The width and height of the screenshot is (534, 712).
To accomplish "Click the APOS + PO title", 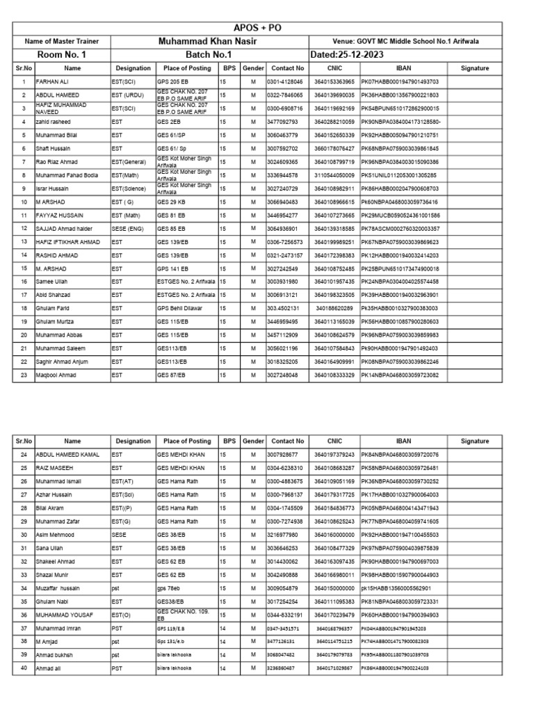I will click(267, 28).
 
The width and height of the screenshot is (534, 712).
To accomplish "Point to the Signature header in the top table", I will click(475, 69).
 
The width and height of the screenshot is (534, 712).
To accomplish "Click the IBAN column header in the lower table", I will click(403, 442).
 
